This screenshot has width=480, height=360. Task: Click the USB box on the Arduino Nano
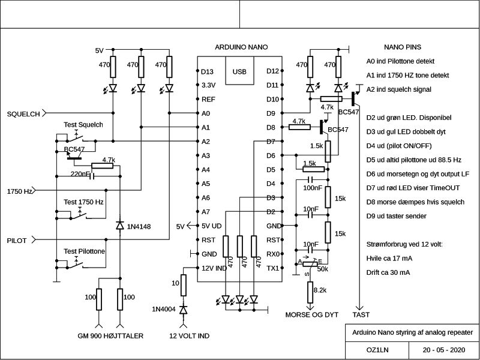tap(239, 71)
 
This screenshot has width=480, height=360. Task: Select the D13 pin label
tap(208, 71)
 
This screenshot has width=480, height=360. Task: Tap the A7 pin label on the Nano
tap(206, 212)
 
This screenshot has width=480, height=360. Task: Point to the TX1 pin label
tap(272, 268)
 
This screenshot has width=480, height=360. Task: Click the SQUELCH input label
tap(23, 113)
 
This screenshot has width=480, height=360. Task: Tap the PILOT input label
tap(16, 240)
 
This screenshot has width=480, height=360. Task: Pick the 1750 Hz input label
tap(20, 191)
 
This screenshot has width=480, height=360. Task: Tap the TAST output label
tap(361, 314)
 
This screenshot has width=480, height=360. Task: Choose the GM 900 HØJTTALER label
tap(110, 337)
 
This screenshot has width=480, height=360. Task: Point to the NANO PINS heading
tap(402, 47)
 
